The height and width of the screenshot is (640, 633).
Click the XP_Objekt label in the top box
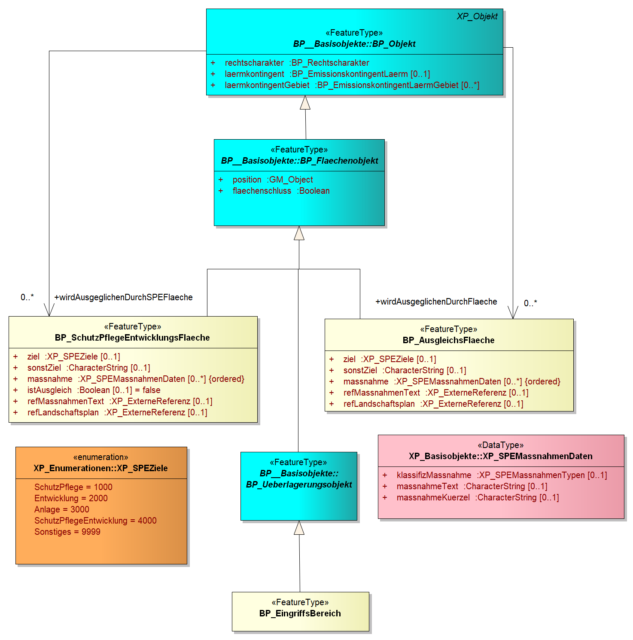[x=477, y=16]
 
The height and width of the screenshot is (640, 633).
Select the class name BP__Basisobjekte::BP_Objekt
[x=354, y=44]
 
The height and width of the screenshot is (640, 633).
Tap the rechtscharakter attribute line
[x=290, y=63]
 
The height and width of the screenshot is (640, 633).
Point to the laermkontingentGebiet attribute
[x=345, y=85]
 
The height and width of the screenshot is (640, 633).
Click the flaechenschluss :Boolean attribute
[x=274, y=191]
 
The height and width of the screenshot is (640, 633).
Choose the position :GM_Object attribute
[x=265, y=180]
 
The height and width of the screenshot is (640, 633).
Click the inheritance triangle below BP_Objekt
[x=305, y=102]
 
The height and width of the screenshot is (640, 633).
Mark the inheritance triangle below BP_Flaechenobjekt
[x=299, y=233]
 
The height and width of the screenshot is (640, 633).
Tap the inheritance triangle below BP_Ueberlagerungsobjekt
[x=299, y=527]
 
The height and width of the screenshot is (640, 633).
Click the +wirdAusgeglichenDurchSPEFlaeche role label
[x=123, y=297]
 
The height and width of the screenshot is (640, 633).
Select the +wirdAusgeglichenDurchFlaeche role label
[x=436, y=302]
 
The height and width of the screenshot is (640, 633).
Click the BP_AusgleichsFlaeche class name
[x=448, y=340]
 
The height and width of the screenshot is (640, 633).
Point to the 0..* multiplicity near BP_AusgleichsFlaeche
[x=530, y=303]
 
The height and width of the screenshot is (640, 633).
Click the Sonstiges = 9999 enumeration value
[x=67, y=532]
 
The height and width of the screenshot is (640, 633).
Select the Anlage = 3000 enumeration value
[x=62, y=509]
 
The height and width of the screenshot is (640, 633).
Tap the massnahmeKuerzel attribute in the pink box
[x=471, y=497]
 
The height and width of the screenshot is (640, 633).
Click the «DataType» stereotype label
[x=501, y=445]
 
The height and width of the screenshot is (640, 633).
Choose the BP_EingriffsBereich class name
[x=300, y=613]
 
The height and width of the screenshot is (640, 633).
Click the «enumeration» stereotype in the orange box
[x=101, y=457]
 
